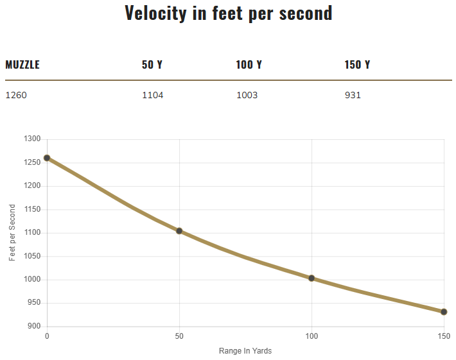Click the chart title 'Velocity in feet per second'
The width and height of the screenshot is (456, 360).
tap(229, 13)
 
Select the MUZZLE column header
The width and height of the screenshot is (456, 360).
tap(22, 65)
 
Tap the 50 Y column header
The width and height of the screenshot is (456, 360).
tap(152, 65)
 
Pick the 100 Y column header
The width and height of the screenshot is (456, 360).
tap(249, 65)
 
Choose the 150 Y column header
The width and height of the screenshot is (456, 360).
tap(358, 65)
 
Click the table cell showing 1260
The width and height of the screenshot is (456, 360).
tap(16, 96)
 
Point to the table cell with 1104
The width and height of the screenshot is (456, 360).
tap(153, 96)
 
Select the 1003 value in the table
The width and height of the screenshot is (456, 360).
tap(247, 96)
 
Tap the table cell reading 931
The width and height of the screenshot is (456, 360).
tap(353, 96)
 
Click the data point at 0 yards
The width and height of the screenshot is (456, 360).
tap(47, 158)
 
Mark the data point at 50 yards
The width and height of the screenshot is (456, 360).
tap(179, 231)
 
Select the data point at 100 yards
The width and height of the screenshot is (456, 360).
tap(311, 279)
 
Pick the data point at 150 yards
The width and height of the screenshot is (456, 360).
tap(444, 312)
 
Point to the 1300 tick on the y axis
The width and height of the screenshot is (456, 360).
tap(32, 139)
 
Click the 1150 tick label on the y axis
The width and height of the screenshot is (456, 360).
tap(32, 209)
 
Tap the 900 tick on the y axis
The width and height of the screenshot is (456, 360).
tap(34, 327)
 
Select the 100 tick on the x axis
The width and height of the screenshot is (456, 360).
tap(311, 336)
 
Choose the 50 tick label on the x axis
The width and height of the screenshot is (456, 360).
tap(179, 336)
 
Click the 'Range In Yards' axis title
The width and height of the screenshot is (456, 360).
tap(245, 350)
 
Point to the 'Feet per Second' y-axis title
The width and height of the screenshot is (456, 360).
tap(12, 232)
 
